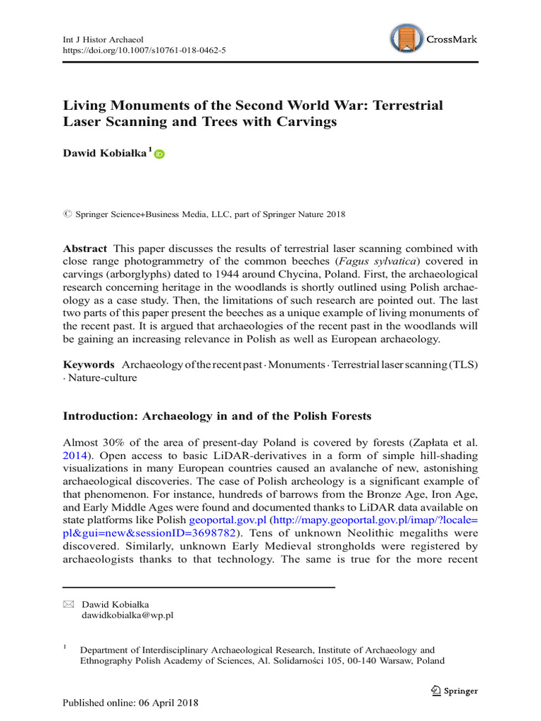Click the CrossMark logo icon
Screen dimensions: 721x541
point(407,39)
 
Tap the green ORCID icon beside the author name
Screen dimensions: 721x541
point(158,154)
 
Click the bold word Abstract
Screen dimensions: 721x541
point(85,249)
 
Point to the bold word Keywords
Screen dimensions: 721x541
point(89,364)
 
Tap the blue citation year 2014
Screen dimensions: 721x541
point(76,456)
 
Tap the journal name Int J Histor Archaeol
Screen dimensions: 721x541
point(103,39)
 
